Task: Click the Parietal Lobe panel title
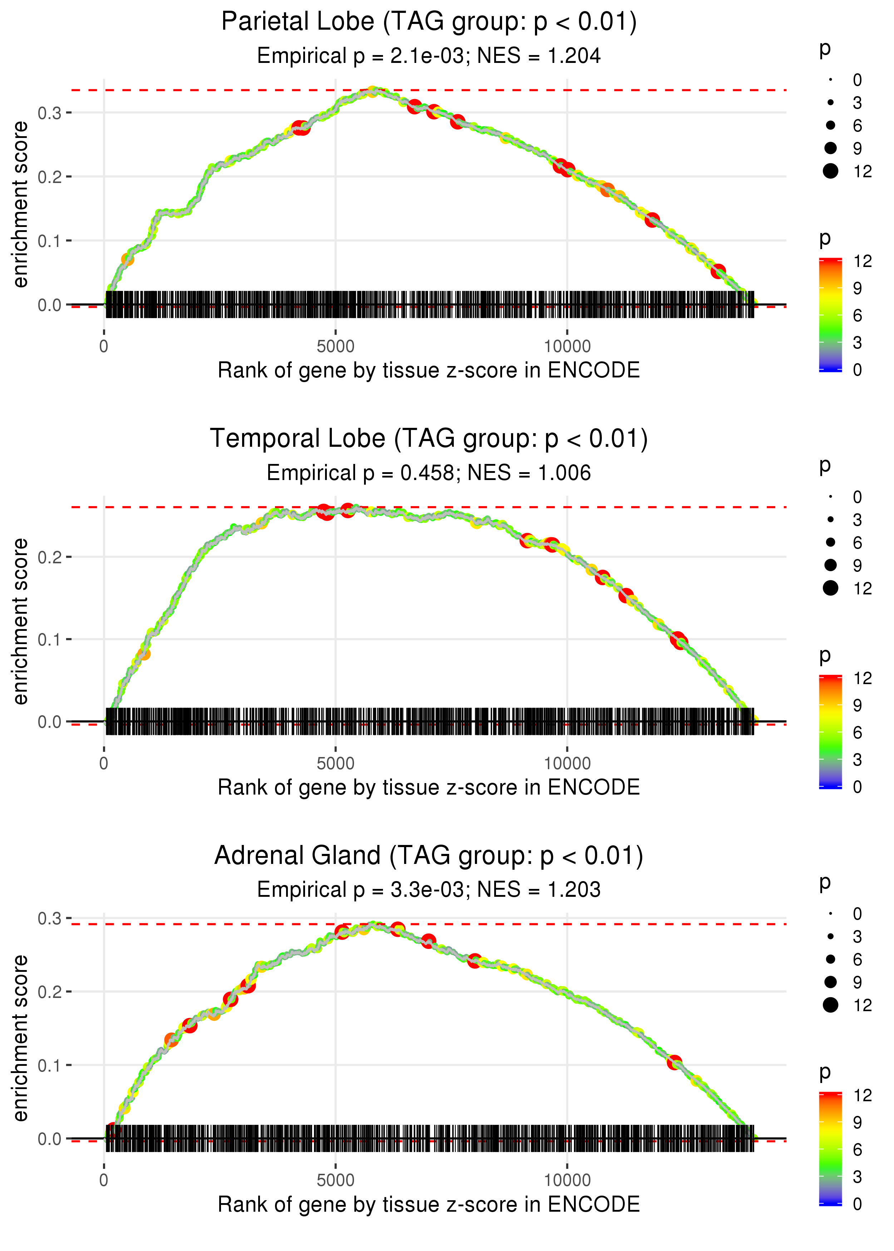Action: coord(429,22)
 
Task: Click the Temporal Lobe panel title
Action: coord(429,439)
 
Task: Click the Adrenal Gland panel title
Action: coord(429,856)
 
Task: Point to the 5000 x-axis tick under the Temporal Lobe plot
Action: coord(335,763)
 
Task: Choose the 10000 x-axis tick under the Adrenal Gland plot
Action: coord(567,1181)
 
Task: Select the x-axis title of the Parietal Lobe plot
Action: coord(429,371)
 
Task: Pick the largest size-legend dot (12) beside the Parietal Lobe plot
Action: coord(831,171)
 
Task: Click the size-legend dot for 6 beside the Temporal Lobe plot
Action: coord(831,543)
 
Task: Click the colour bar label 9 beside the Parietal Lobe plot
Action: coord(857,288)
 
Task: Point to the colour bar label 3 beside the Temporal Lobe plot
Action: coord(857,760)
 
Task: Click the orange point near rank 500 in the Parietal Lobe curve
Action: coord(127,259)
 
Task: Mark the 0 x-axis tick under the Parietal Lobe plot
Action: coord(104,347)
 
